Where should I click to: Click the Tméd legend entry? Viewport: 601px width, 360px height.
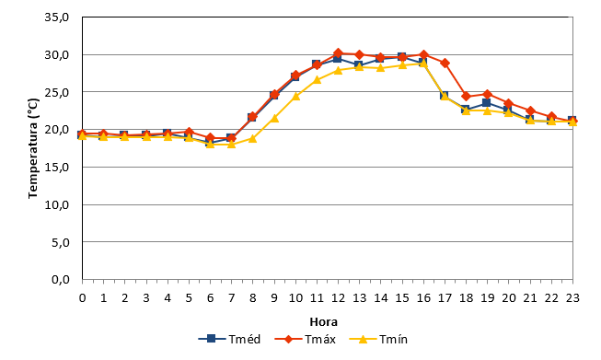pos(229,339)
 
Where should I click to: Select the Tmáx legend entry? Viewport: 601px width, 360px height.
pos(306,339)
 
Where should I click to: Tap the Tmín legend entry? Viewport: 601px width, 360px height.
pos(378,339)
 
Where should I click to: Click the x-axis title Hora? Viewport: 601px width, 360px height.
pos(323,321)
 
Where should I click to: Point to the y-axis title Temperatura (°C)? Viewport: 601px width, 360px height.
pos(33,148)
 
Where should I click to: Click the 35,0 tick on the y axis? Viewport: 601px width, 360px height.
pos(57,17)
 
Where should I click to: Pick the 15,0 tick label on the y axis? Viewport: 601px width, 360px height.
pos(57,168)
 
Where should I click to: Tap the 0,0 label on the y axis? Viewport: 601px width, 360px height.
pos(61,280)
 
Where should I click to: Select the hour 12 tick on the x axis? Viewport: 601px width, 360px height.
pos(338,298)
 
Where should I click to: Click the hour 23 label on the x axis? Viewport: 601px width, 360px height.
pos(572,298)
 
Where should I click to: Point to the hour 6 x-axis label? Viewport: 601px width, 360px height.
pos(210,298)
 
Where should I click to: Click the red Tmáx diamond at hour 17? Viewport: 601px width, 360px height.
pos(445,63)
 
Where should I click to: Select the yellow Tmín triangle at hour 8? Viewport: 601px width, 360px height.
pos(252,138)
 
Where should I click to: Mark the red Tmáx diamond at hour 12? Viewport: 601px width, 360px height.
pos(338,52)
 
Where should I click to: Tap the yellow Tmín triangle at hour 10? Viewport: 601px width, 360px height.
pos(295,96)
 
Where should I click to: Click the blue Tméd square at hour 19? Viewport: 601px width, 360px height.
pos(486,103)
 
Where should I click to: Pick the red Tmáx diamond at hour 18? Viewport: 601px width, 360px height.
pos(466,96)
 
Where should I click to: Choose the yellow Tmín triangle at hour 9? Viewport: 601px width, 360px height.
pos(274,118)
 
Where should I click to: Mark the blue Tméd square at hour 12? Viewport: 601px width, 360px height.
pos(337,59)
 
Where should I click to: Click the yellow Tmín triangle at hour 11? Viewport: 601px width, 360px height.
pos(317,79)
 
